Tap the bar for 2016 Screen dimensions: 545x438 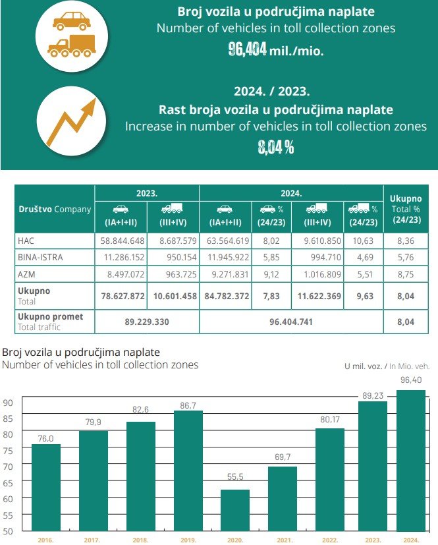pos(46,487)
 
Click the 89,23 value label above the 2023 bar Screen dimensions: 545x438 pos(373,395)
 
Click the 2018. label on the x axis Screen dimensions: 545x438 pos(140,540)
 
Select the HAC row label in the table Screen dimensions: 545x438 pos(26,241)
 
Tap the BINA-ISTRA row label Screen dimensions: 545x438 pos(40,257)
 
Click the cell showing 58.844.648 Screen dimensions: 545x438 pos(121,241)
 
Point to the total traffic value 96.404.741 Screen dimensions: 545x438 pos(290,322)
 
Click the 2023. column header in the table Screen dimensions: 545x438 pos(146,194)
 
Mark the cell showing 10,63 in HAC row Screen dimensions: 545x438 pos(364,241)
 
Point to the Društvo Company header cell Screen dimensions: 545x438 pos(54,209)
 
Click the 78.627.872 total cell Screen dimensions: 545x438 pos(121,296)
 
